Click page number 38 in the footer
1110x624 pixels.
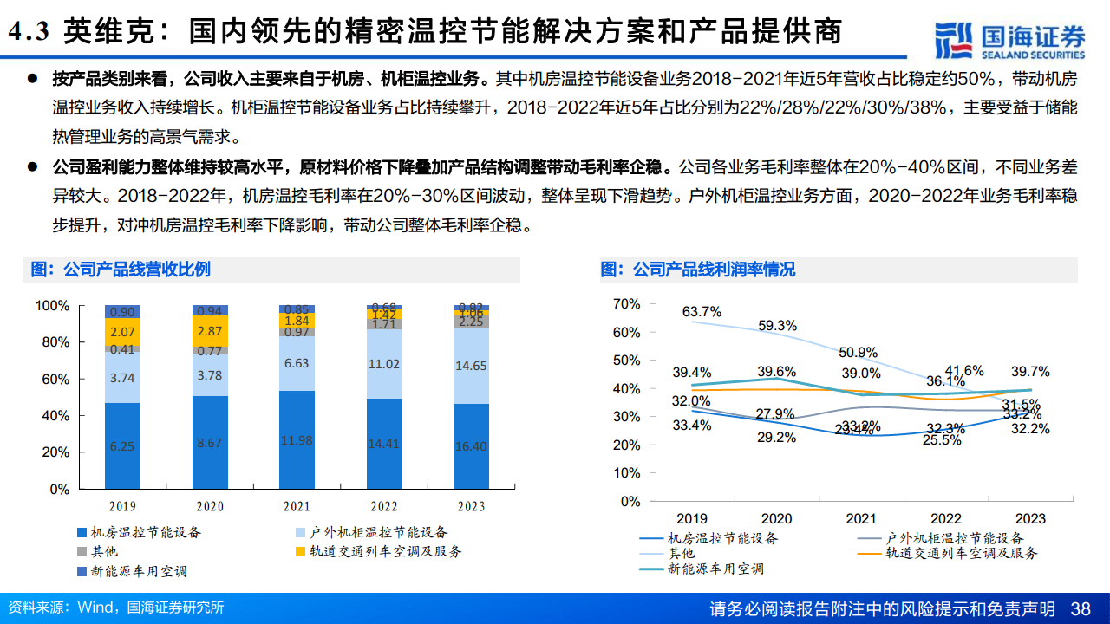click(x=1081, y=608)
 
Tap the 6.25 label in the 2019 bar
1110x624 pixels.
click(x=122, y=446)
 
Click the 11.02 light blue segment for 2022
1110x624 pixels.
click(x=382, y=364)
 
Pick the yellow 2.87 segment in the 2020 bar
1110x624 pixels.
click(x=209, y=332)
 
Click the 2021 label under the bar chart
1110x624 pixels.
click(x=296, y=506)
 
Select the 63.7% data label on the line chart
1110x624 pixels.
click(x=702, y=312)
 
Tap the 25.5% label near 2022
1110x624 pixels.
click(x=943, y=439)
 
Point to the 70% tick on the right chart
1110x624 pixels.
click(x=625, y=304)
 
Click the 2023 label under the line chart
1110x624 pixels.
click(x=1029, y=518)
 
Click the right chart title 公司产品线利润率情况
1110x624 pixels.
click(x=698, y=270)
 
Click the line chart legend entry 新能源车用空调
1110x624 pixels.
click(x=715, y=569)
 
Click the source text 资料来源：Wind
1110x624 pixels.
click(x=60, y=608)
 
